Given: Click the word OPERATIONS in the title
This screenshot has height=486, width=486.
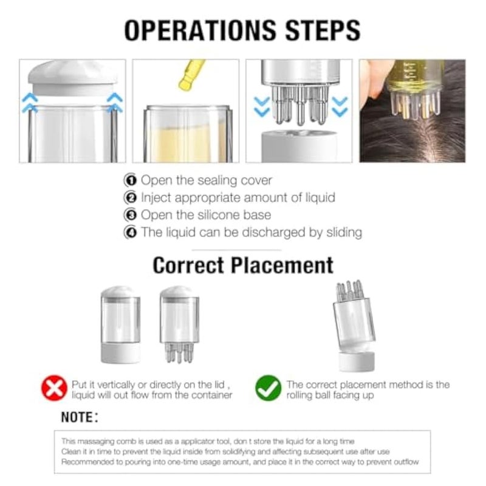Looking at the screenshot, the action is pos(200,30).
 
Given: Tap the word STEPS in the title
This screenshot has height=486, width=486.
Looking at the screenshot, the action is pos(323,30).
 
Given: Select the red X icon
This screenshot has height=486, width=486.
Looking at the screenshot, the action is pos(54,388).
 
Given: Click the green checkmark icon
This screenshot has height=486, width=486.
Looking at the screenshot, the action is pos(269,388).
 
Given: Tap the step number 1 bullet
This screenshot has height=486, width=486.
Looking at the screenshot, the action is pos(130,180).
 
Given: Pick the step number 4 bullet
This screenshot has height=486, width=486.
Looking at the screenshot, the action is pos(130,233).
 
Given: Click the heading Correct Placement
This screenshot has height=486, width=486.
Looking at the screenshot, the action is pos(243,265).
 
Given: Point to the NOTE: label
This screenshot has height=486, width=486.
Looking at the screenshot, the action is pos(80,417).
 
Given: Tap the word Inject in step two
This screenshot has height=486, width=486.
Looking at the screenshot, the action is pos(156,198).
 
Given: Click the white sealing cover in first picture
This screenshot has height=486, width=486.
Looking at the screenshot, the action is pos(74,78).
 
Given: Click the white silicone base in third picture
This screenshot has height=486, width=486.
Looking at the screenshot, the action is pos(299,146).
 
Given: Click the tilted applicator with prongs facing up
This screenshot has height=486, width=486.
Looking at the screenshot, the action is pos(354,326).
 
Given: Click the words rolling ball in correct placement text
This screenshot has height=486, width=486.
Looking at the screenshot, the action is pos(312,396).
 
